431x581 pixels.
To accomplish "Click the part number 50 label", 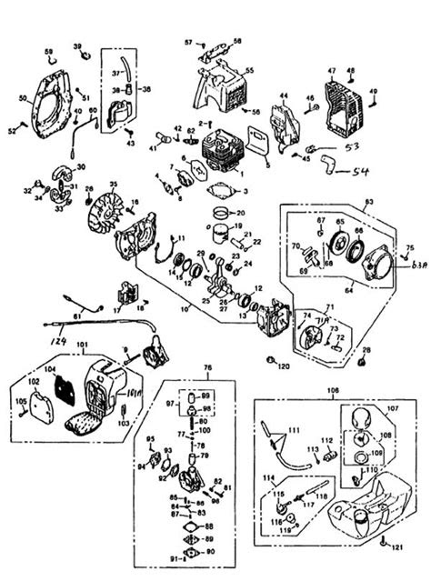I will click(23, 98).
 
